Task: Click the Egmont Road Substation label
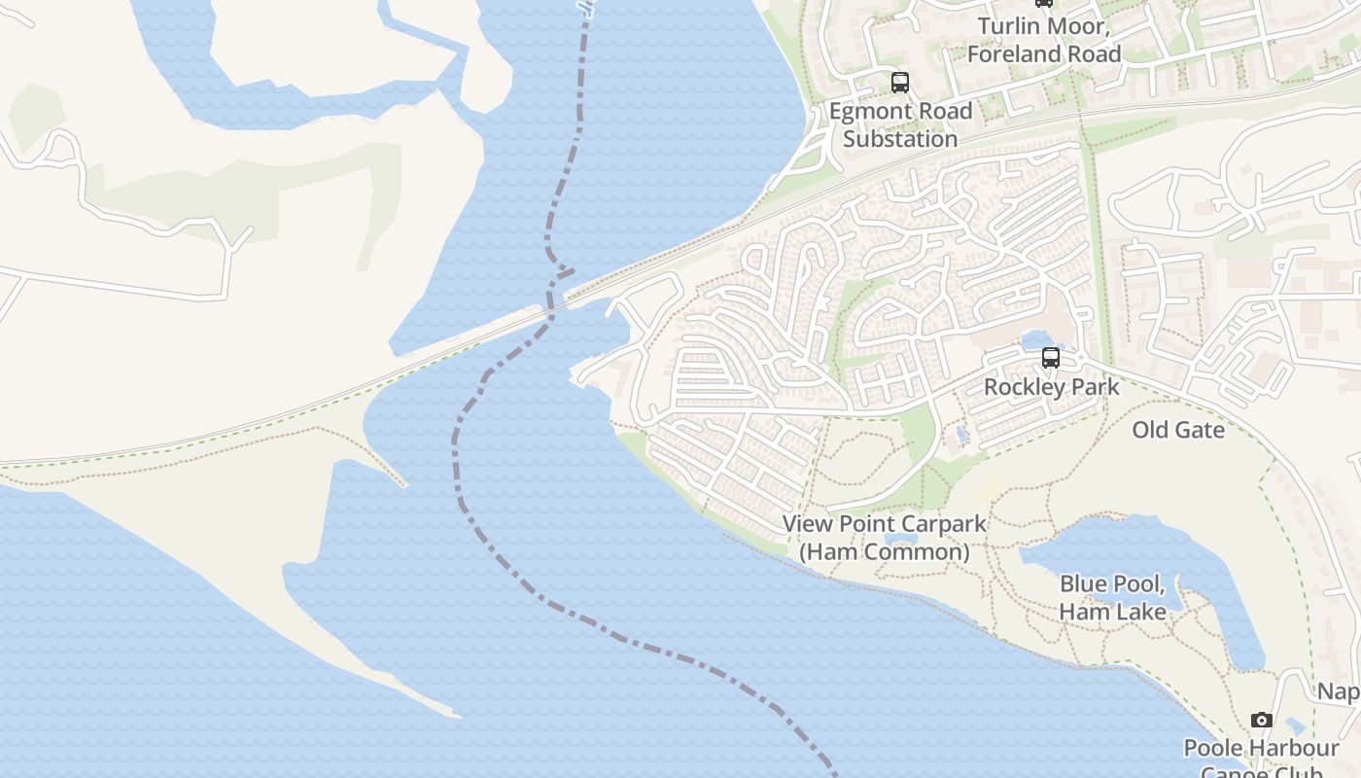[x=900, y=124]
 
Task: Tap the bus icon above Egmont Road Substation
[x=900, y=83]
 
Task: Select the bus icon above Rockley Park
[x=1051, y=358]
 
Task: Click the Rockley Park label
[x=1051, y=387]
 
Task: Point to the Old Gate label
[x=1178, y=429]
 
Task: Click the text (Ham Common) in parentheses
[x=885, y=552]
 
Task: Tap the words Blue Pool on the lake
[x=1111, y=584]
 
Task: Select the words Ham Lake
[x=1112, y=612]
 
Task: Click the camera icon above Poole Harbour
[x=1262, y=721]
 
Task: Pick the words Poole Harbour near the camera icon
[x=1261, y=749]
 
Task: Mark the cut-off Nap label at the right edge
[x=1339, y=691]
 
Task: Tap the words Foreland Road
[x=1044, y=54]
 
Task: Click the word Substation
[x=900, y=139]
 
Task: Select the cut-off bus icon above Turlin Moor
[x=1044, y=3]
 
